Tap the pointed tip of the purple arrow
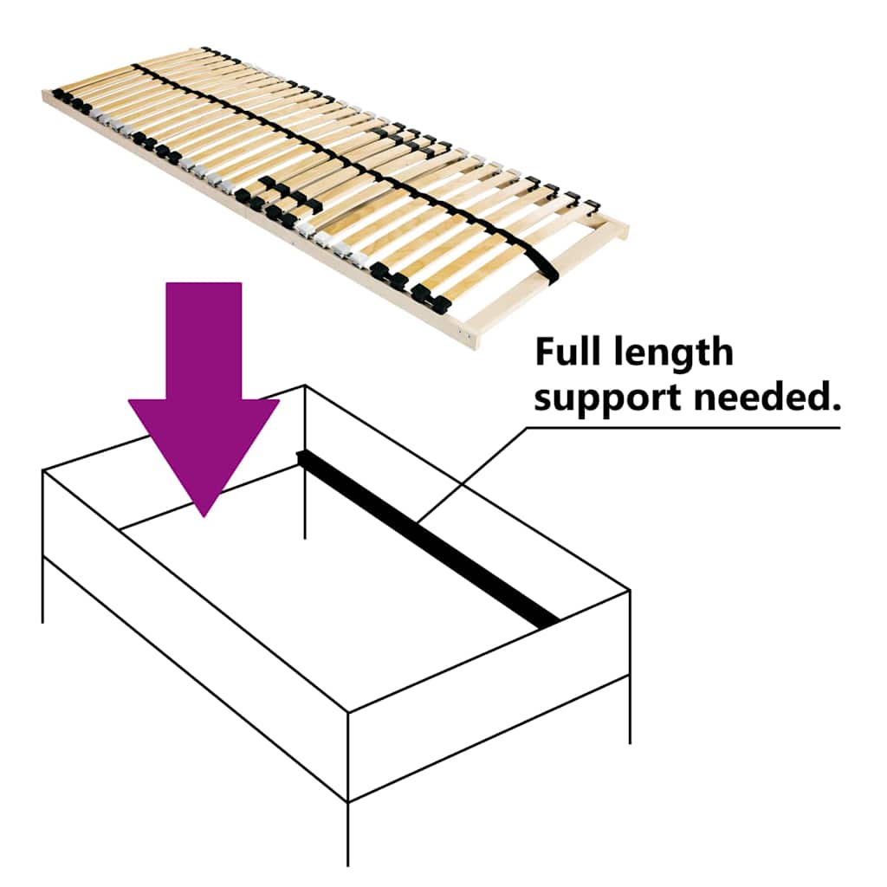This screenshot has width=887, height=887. [204, 516]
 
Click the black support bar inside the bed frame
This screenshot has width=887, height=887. [428, 541]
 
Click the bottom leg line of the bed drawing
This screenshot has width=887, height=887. [347, 834]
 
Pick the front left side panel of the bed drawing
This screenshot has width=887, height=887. [195, 635]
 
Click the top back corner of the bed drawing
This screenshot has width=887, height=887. [305, 385]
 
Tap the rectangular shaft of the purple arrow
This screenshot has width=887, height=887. [204, 340]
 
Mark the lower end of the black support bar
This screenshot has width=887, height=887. [548, 625]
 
